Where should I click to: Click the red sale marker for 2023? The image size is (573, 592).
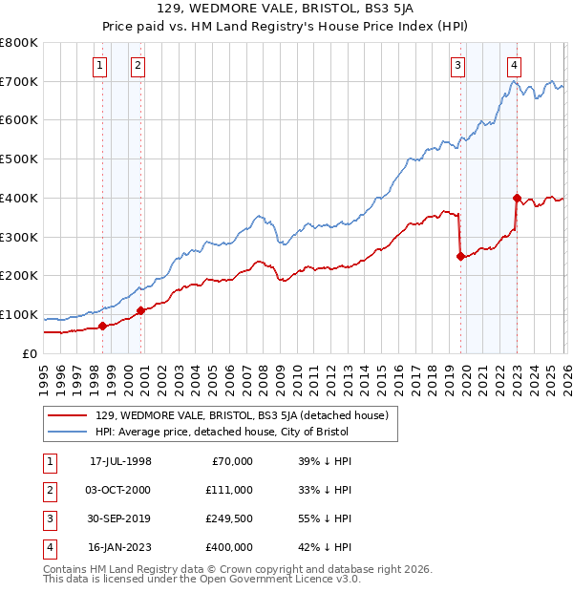pyautogui.click(x=517, y=199)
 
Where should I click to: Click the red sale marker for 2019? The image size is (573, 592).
pyautogui.click(x=460, y=256)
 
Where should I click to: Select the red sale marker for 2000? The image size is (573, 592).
pyautogui.click(x=140, y=310)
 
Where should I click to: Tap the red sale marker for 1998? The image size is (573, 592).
pyautogui.click(x=102, y=326)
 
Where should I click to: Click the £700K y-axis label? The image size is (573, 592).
pyautogui.click(x=19, y=81)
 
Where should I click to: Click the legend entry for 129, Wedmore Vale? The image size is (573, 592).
pyautogui.click(x=241, y=416)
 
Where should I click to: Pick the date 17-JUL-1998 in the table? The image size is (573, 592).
pyautogui.click(x=120, y=461)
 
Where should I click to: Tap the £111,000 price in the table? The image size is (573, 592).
pyautogui.click(x=229, y=490)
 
